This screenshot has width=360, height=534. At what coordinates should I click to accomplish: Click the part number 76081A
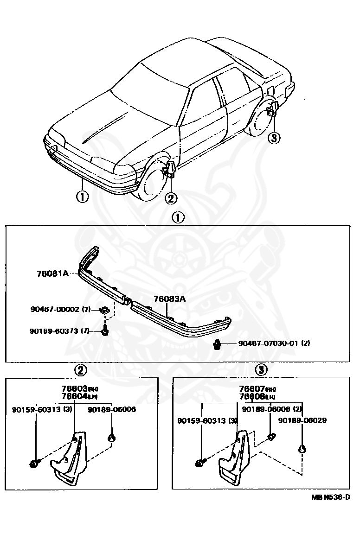52,273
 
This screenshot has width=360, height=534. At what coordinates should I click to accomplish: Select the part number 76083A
170,299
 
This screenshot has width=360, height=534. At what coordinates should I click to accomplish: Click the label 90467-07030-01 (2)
274,343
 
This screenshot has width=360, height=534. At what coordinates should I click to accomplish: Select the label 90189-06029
302,420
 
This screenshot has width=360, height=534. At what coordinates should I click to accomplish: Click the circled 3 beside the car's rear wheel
274,138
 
